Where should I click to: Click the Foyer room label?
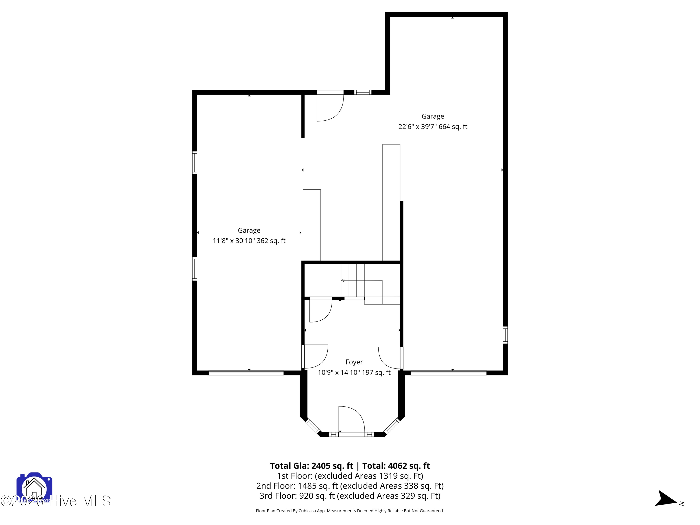(354, 362)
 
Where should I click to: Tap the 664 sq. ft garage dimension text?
(433, 126)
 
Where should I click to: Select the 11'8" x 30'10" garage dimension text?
(249, 241)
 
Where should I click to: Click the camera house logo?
(34, 488)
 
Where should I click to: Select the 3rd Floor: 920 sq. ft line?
(350, 496)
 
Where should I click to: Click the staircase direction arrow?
(343, 280)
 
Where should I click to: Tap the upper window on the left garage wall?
(195, 163)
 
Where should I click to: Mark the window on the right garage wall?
(505, 335)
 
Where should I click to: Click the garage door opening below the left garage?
(246, 373)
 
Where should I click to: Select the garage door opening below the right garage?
(448, 373)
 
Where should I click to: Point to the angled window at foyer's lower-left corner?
(313, 426)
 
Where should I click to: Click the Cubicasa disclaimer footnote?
(350, 511)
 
